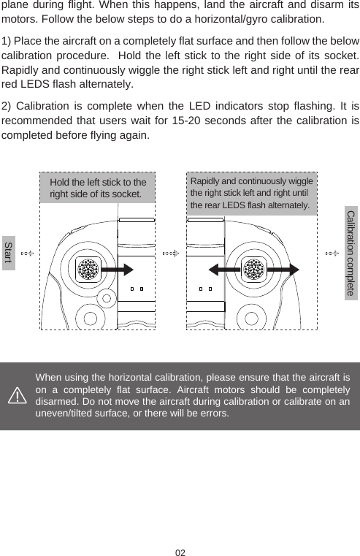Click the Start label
[x=8, y=254]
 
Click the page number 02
[x=180, y=550]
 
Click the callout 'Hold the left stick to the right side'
[x=98, y=188]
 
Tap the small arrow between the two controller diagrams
[x=171, y=254]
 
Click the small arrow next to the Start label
[x=27, y=254]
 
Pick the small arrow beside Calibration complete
[x=332, y=254]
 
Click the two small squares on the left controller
[x=136, y=289]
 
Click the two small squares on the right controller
[x=204, y=289]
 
